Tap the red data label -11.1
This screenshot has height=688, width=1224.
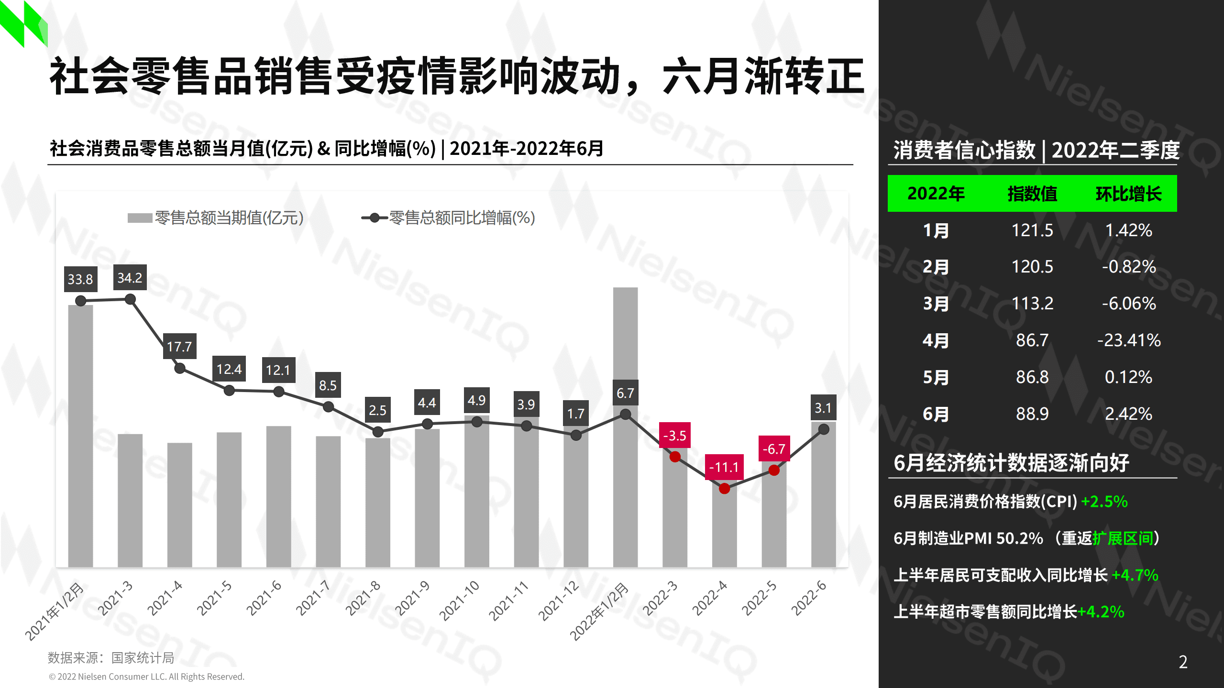click(724, 467)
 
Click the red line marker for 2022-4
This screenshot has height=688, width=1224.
click(724, 489)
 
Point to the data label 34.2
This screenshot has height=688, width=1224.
click(130, 278)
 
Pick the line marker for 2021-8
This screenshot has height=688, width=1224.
click(378, 432)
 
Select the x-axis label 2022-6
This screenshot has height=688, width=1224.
click(809, 598)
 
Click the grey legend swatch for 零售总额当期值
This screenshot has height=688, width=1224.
click(140, 218)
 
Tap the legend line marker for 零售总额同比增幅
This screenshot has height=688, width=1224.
click(375, 218)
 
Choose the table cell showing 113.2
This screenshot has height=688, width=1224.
click(1032, 304)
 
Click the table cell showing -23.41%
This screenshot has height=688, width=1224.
click(1129, 340)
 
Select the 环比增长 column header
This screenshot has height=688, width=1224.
click(1128, 194)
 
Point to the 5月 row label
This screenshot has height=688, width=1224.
click(936, 377)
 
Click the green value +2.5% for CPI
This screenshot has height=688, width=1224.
click(1104, 502)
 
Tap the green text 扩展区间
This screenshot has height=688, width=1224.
click(1123, 538)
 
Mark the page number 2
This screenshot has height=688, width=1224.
click(1183, 662)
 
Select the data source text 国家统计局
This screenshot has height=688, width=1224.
click(143, 658)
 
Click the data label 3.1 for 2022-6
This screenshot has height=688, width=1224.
click(823, 408)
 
